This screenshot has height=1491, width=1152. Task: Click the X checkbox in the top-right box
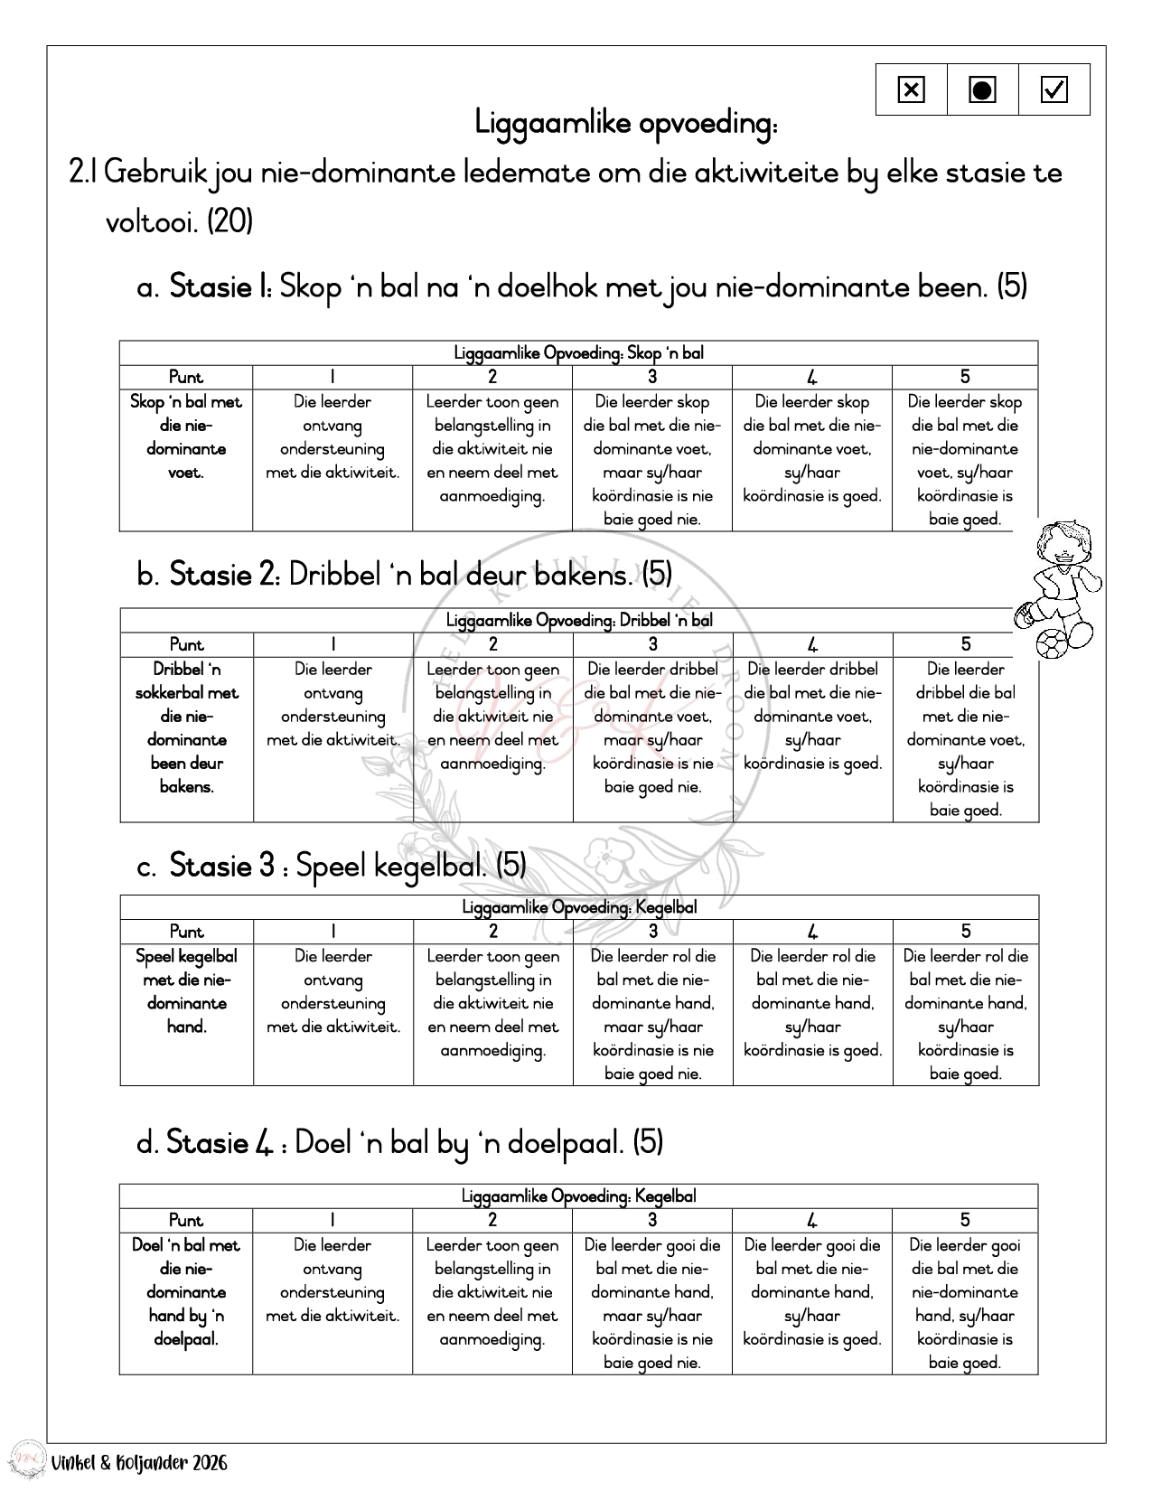tap(911, 89)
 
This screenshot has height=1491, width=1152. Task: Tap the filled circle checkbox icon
tap(982, 89)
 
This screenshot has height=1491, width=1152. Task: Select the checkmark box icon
tap(1054, 89)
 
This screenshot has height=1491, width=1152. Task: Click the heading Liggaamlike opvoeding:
tap(625, 122)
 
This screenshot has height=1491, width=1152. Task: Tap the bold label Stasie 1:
tap(221, 287)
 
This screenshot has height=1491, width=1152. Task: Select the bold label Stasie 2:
tap(225, 575)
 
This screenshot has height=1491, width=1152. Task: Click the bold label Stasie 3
tap(222, 866)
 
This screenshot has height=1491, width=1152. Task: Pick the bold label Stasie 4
tap(220, 1143)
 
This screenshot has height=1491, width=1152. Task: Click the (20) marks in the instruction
tap(229, 220)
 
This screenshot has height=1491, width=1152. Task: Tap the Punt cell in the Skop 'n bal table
tap(186, 377)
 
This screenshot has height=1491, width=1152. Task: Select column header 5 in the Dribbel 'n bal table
tap(965, 644)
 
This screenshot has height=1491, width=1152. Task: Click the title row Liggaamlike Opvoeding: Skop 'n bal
tap(578, 352)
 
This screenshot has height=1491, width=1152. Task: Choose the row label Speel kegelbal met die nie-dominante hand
tap(186, 991)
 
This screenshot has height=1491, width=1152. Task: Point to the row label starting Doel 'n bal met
tap(186, 1292)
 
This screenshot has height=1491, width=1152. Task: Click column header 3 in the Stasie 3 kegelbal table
tap(652, 932)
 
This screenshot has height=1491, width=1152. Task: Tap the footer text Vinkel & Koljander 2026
tap(139, 1463)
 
